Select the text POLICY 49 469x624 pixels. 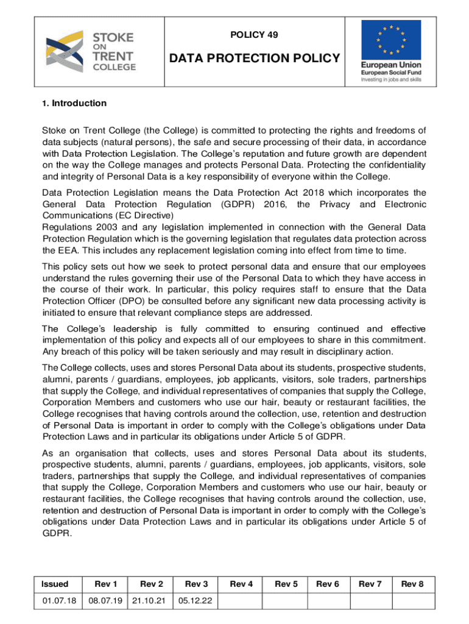coord(254,35)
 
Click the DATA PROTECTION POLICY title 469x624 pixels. coord(254,58)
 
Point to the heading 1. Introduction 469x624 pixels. coord(74,103)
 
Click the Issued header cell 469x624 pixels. coord(55,584)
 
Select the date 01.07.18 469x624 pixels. coord(59,601)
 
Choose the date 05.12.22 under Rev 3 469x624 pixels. coord(196,601)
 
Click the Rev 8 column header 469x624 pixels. coord(412,584)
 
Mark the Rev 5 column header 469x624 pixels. coord(286,584)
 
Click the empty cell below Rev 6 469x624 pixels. coord(327,601)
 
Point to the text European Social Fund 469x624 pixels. coord(390,71)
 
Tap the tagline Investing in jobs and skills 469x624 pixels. coord(390,79)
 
